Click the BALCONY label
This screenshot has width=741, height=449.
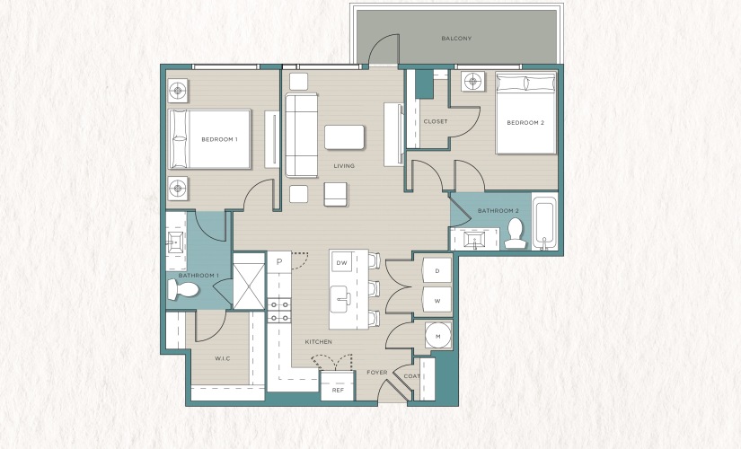456,39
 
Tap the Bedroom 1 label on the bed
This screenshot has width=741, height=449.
219,139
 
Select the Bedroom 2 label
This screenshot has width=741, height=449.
525,122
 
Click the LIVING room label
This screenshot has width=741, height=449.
344,166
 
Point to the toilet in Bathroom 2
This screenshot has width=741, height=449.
515,233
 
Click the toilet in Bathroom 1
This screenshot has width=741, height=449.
183,289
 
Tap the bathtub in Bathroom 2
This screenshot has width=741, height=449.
545,221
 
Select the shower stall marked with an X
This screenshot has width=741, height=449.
249,282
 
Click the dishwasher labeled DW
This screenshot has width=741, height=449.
341,263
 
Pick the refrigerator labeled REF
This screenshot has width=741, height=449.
338,385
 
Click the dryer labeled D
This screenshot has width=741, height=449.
437,271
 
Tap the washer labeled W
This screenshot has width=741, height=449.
437,301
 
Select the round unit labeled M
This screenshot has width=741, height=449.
438,337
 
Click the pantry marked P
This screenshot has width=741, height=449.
279,262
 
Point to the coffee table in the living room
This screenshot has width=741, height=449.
345,137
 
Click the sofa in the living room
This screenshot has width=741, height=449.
302,136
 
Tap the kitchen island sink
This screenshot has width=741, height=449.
340,299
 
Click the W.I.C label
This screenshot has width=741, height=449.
223,358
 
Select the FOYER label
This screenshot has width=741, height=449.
377,373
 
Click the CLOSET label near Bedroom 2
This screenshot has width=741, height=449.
436,121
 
